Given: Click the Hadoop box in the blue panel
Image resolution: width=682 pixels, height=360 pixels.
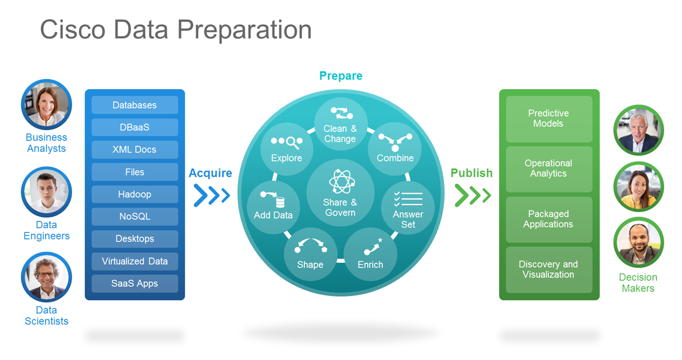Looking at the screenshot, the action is [x=134, y=194].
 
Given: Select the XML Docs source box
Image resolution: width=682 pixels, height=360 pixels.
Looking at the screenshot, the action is [x=134, y=149].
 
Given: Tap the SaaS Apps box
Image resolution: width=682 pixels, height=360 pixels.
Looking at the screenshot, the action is [x=134, y=283].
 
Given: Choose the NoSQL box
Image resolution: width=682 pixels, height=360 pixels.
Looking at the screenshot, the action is [x=134, y=216].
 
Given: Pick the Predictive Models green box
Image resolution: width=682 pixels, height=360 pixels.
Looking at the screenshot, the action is [x=549, y=119].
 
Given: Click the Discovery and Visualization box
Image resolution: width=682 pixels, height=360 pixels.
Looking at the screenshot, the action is [x=549, y=270].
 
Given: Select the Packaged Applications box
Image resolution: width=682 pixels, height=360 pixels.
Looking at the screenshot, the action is [x=549, y=219].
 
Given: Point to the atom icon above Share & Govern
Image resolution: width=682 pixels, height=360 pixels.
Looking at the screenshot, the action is [x=342, y=182].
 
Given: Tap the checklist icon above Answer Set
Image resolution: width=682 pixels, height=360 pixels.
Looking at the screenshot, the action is [x=408, y=199].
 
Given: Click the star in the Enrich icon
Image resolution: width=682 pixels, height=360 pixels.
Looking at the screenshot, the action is [x=380, y=240].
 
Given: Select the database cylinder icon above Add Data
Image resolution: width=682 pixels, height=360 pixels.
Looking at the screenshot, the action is [x=280, y=202].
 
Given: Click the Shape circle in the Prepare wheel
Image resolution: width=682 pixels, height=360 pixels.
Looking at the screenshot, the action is [x=311, y=254].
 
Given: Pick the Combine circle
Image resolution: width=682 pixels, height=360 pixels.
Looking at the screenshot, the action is [x=395, y=149].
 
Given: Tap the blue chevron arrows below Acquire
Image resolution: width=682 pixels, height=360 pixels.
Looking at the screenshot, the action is [x=212, y=195].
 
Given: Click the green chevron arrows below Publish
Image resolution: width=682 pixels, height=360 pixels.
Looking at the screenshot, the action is [x=473, y=195].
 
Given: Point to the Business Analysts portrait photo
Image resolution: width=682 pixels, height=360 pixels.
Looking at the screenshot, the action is [x=46, y=105].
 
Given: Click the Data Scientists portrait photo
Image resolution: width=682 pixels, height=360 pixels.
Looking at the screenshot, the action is [x=46, y=277].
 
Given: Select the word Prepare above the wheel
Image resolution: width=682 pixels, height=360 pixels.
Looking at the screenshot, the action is [x=341, y=76].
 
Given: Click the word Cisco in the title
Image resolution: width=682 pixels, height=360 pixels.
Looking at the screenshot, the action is [x=73, y=29].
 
